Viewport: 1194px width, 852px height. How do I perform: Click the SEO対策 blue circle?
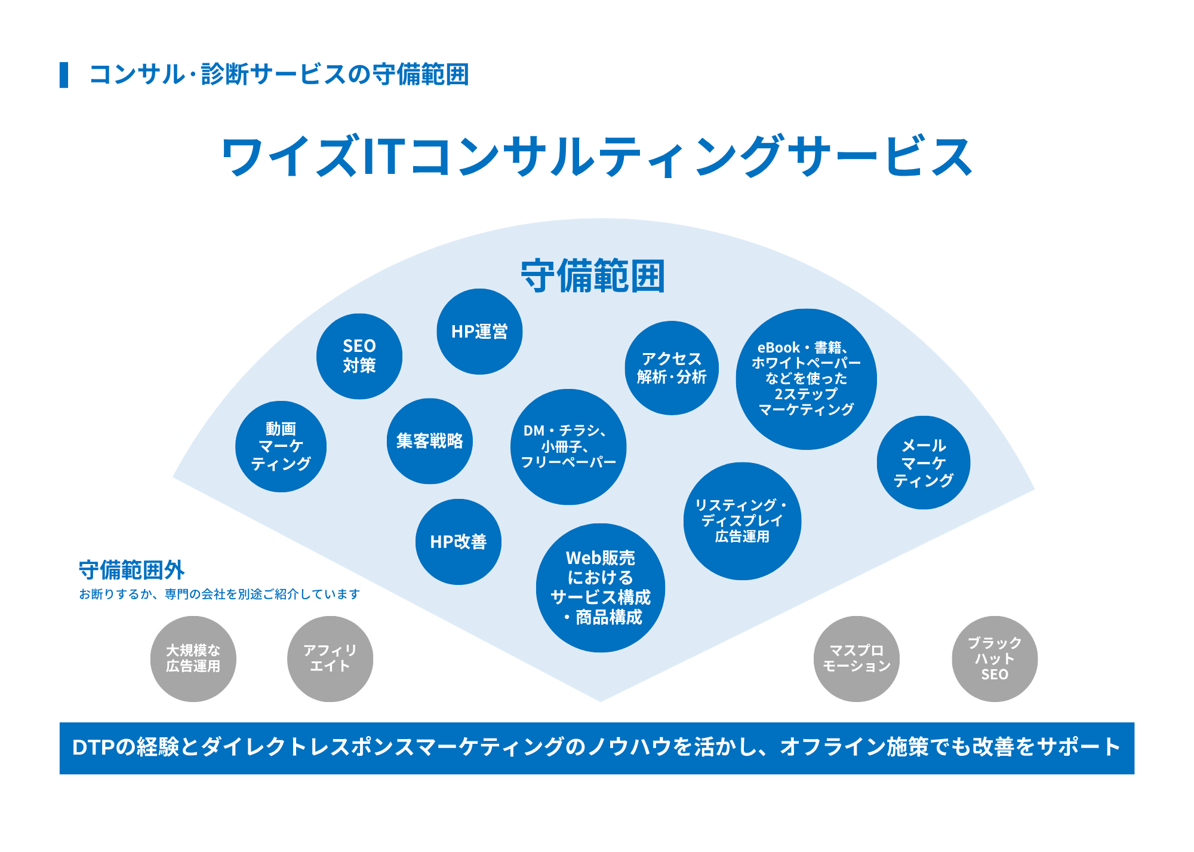coord(359,356)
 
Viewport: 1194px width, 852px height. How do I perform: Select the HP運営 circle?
coord(479,332)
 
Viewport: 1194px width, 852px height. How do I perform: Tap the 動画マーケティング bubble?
coord(281,446)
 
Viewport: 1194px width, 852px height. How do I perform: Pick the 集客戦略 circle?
coord(429,441)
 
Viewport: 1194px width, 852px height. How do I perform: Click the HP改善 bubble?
coord(458,542)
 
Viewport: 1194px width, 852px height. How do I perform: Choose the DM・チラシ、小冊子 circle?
coord(568,447)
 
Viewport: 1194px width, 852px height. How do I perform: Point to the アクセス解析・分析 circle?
coord(671,368)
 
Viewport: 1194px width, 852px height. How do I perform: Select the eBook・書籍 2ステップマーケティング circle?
coord(806,379)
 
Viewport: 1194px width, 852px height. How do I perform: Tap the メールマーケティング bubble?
coord(923,462)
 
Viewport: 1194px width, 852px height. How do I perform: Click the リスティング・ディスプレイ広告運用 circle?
coord(742,521)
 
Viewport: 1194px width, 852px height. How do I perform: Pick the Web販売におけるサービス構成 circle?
coord(600,588)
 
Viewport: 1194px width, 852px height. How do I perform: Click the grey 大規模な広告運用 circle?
coord(193,658)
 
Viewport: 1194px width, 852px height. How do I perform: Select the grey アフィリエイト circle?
coord(330,658)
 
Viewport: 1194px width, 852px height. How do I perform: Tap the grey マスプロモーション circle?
coord(856,658)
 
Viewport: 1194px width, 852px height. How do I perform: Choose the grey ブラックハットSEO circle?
coord(994,658)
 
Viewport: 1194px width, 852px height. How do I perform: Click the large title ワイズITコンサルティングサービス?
coord(597,157)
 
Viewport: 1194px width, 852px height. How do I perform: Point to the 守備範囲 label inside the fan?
coord(593,276)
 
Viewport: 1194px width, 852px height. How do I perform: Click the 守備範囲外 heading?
coord(132,570)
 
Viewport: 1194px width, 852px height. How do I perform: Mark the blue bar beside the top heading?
coord(64,75)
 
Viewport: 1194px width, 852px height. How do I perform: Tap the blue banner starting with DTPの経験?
coord(597,748)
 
